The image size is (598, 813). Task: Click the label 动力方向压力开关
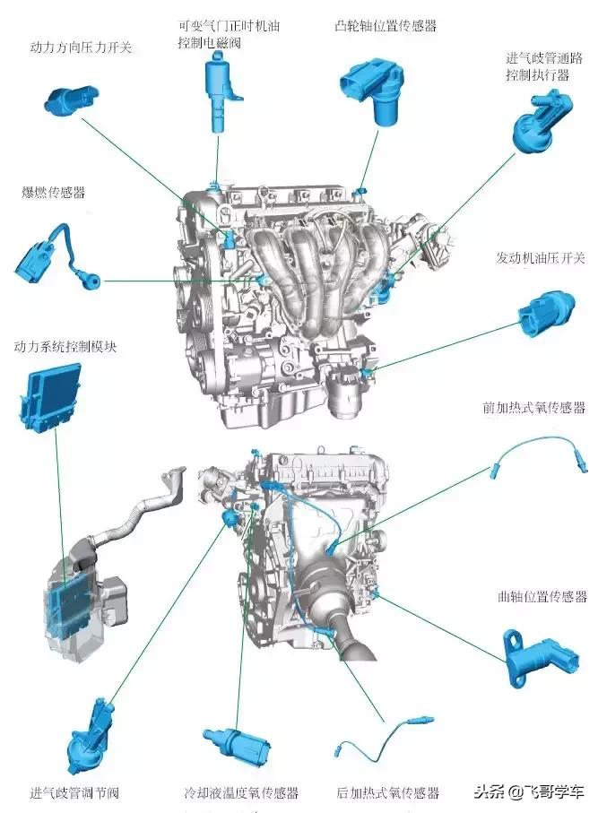(x=81, y=47)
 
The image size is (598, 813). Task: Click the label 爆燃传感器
(x=54, y=192)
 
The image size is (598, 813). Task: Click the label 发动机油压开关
(x=541, y=257)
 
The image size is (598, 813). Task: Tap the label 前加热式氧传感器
(x=533, y=408)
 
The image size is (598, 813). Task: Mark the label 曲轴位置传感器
(x=542, y=596)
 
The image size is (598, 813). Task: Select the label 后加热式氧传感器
(x=387, y=792)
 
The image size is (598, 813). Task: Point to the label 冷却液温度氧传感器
(x=239, y=792)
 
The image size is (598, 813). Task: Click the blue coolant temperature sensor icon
(x=237, y=745)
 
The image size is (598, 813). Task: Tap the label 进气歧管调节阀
(x=74, y=792)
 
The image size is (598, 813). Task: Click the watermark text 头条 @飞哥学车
(x=530, y=791)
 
